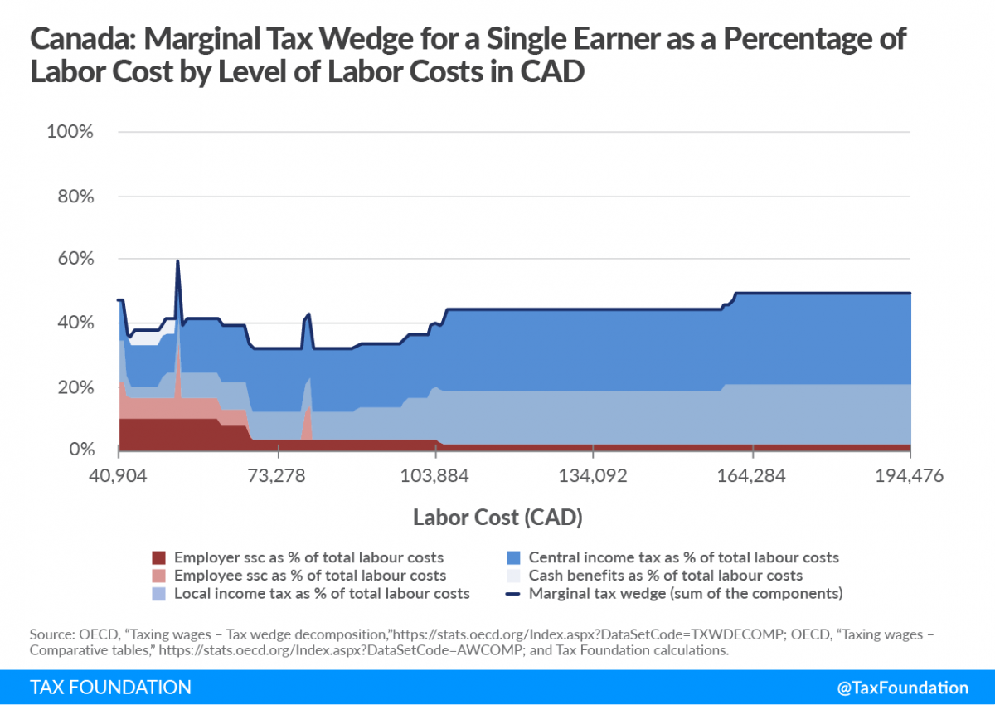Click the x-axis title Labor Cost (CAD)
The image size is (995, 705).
point(498,518)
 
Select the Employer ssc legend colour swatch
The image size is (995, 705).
point(160,557)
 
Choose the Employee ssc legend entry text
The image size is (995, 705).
point(309,576)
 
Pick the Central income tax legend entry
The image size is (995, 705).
point(683,557)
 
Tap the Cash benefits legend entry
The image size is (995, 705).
point(665,576)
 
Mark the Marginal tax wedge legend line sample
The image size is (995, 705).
point(513,594)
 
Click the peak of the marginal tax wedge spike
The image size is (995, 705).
point(177,261)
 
